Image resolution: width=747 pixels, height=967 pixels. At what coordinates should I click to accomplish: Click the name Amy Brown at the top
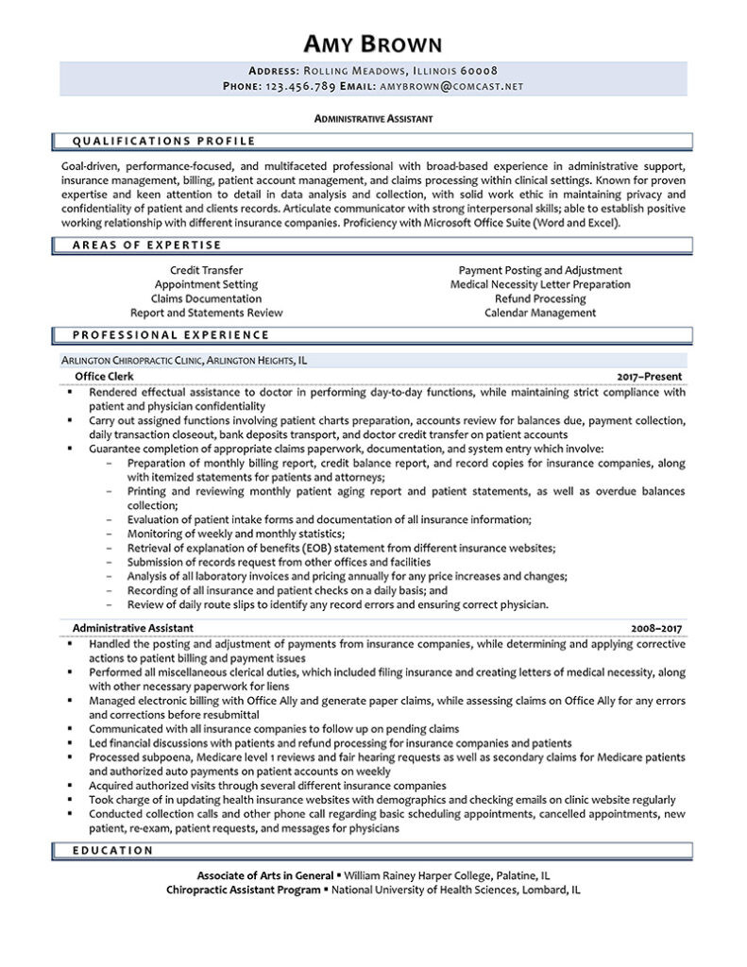pyautogui.click(x=373, y=43)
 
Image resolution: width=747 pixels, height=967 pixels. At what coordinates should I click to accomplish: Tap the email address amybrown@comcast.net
pyautogui.click(x=450, y=86)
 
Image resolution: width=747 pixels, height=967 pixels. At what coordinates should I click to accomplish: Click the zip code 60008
pyautogui.click(x=479, y=71)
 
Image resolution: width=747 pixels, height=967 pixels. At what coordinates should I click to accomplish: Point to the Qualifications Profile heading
pyautogui.click(x=164, y=142)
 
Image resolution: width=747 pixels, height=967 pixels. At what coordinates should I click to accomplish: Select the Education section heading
pyautogui.click(x=112, y=850)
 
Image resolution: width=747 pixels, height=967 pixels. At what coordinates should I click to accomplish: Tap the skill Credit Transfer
pyautogui.click(x=205, y=270)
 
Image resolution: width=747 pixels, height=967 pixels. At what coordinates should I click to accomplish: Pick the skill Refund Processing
pyautogui.click(x=540, y=298)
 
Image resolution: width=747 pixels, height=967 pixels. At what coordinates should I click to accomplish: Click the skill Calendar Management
pyautogui.click(x=540, y=313)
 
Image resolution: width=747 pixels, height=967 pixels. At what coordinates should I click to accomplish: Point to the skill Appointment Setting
pyautogui.click(x=206, y=284)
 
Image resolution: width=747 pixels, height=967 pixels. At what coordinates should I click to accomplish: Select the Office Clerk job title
pyautogui.click(x=104, y=376)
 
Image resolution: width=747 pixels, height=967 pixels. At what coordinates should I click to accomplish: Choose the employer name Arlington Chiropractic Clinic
pyautogui.click(x=131, y=360)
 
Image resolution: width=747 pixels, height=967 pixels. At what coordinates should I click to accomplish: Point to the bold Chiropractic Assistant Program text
pyautogui.click(x=243, y=890)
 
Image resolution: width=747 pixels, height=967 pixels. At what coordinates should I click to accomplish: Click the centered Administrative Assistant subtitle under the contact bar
pyautogui.click(x=373, y=119)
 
